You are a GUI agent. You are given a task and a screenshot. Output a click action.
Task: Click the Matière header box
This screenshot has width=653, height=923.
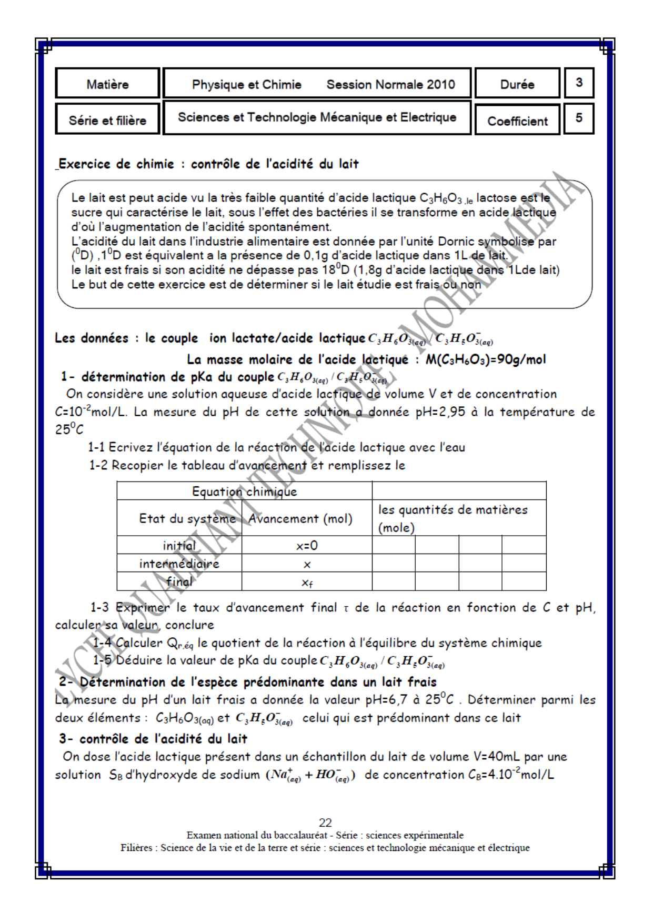[107, 84]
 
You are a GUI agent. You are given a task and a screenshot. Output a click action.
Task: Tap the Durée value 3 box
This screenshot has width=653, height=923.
[579, 83]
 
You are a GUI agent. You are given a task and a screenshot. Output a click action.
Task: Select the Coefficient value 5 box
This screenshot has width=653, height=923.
[579, 118]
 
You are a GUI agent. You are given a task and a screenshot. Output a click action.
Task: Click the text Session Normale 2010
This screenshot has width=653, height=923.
[390, 85]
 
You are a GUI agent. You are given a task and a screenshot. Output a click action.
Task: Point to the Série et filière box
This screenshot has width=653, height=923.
[107, 121]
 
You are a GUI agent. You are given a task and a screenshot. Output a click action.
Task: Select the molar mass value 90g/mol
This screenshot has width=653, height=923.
[521, 360]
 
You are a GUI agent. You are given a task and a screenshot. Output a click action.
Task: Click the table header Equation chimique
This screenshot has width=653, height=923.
[244, 491]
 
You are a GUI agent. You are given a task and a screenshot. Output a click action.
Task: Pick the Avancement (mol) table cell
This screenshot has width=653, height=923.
[300, 519]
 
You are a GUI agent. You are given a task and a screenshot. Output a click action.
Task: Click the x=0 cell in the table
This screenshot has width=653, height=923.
[307, 546]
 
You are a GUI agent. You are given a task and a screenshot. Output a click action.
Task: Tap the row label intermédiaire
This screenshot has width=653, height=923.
[179, 564]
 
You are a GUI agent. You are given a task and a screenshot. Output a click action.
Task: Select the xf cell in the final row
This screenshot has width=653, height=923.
[307, 583]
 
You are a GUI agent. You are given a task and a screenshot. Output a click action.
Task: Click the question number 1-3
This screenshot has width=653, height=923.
[99, 608]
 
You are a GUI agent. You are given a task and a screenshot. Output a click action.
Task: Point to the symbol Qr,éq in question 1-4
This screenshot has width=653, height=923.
[180, 644]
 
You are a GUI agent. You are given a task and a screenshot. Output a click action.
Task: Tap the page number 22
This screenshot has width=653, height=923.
[325, 822]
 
